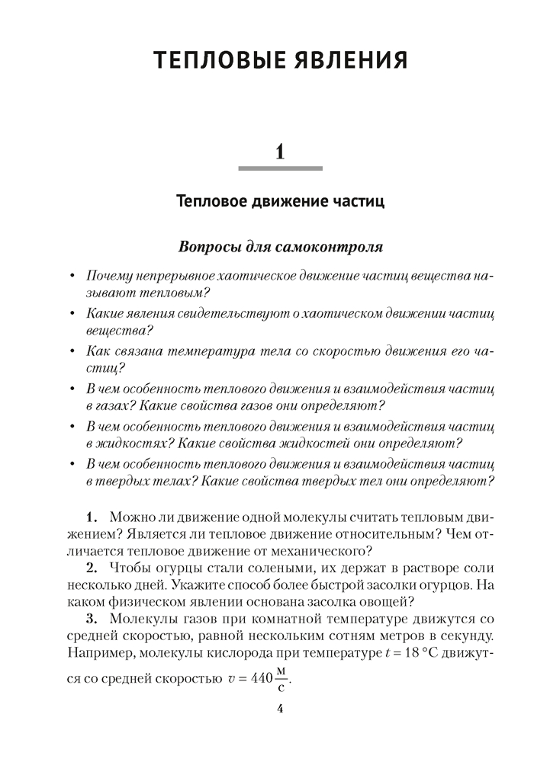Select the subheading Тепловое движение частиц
point(280,203)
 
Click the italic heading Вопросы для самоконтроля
point(280,248)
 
